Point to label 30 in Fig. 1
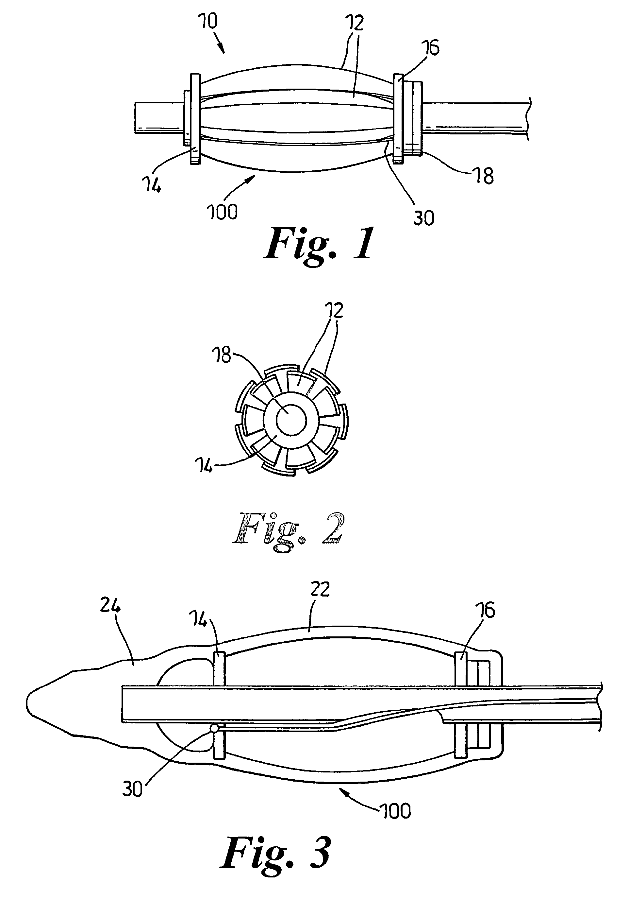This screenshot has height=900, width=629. coord(424,217)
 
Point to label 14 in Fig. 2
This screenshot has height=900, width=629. coord(204,466)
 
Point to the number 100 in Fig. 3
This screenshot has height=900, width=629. coord(395,811)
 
